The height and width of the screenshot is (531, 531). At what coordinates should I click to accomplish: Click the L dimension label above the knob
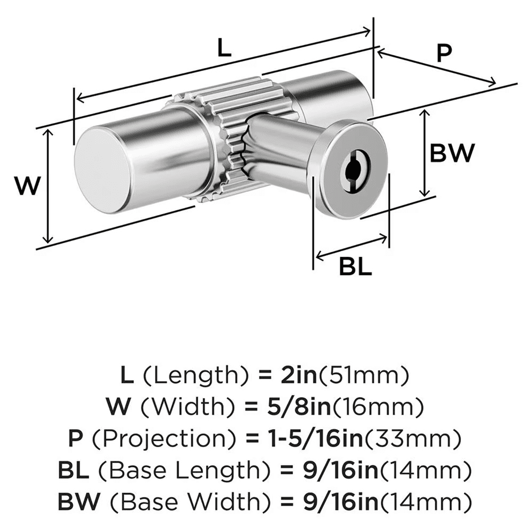click(225, 49)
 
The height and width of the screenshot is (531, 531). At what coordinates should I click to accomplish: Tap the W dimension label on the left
click(27, 186)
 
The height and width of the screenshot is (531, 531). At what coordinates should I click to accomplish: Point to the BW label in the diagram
click(451, 154)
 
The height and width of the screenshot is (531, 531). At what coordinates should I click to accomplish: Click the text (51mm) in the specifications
click(365, 376)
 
